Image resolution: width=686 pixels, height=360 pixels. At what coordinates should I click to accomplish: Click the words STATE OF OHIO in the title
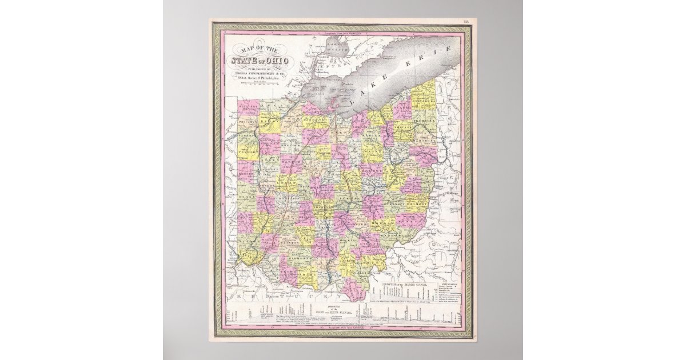point(261,61)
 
